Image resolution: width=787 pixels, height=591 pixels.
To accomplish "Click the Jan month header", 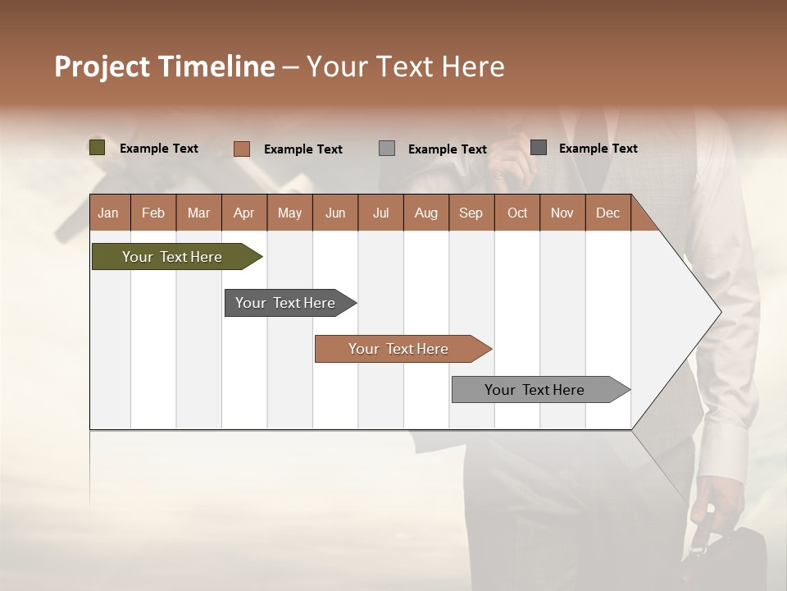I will [x=108, y=213].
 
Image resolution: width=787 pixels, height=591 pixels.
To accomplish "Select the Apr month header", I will [x=243, y=213].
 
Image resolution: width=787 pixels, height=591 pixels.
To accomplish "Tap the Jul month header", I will [x=380, y=213].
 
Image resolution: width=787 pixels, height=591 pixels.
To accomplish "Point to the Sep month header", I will [x=471, y=213].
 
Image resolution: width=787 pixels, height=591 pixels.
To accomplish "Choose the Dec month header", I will [x=607, y=213].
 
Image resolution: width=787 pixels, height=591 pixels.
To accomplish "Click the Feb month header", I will [x=153, y=213].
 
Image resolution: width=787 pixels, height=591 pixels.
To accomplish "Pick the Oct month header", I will [x=517, y=213].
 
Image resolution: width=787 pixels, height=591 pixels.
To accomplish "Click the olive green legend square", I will [x=98, y=148].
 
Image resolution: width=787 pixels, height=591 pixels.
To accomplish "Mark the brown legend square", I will [x=242, y=149].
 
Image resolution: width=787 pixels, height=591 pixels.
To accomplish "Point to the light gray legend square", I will [x=387, y=149].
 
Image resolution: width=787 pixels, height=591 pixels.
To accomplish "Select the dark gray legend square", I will [x=539, y=148].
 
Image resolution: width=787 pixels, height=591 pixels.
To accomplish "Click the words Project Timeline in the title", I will [x=164, y=66].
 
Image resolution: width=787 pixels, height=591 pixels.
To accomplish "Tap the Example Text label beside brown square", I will [x=303, y=149].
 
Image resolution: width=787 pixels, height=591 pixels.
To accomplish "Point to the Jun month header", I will [x=335, y=213].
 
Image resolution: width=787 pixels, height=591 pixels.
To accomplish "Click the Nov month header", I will [x=562, y=213].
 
